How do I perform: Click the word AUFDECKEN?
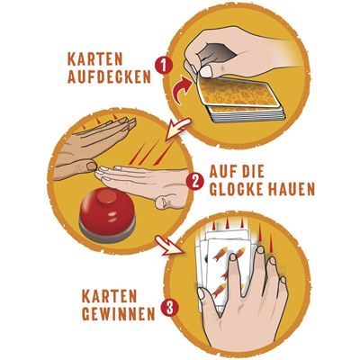click(x=109, y=77)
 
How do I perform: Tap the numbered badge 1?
click(x=164, y=66)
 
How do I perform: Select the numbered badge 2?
click(x=195, y=182)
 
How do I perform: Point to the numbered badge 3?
click(x=170, y=309)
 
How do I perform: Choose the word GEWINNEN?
click(x=119, y=315)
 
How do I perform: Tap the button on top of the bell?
click(x=107, y=195)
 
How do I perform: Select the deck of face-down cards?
click(x=240, y=98)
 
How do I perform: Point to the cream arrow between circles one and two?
click(x=177, y=129)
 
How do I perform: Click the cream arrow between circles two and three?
click(x=169, y=246)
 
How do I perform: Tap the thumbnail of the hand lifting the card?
click(x=207, y=71)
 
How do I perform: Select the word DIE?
click(x=254, y=172)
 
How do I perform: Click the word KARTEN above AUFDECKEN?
click(x=95, y=59)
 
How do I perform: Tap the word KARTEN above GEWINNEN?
click(x=109, y=296)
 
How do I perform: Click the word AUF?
click(x=222, y=172)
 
